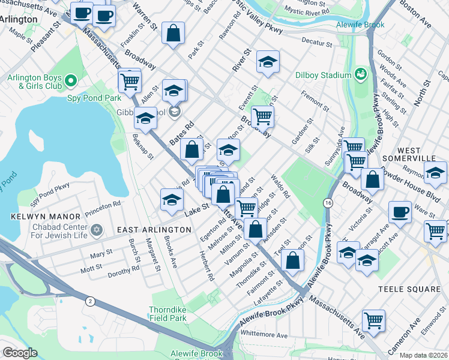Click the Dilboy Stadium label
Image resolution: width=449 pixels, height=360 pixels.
pyautogui.click(x=322, y=75)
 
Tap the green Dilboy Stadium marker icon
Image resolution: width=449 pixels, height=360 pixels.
pyautogui.click(x=361, y=74)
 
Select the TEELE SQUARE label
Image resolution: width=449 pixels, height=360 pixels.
pyautogui.click(x=409, y=289)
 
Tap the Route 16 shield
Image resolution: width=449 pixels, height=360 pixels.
pyautogui.click(x=328, y=204)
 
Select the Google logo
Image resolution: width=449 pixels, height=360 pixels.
pyautogui.click(x=20, y=353)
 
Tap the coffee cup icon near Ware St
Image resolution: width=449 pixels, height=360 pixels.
pyautogui.click(x=400, y=211)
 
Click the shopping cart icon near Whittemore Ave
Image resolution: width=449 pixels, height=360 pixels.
pyautogui.click(x=374, y=320)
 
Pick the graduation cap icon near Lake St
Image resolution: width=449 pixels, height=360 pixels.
pyautogui.click(x=172, y=200)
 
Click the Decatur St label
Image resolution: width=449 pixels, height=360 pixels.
pyautogui.click(x=317, y=44)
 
